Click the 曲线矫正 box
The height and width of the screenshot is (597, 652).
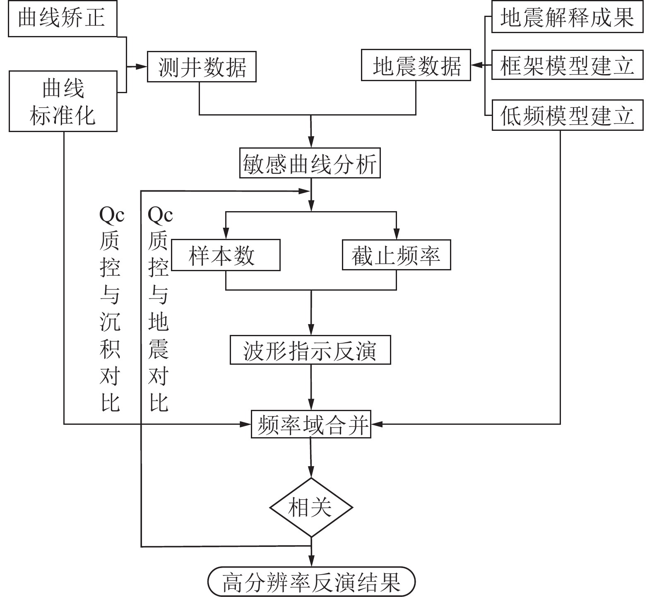coord(62,19)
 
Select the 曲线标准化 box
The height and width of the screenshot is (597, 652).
coord(63,101)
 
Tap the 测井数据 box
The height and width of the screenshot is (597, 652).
coord(202,66)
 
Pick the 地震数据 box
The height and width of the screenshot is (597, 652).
coord(416,65)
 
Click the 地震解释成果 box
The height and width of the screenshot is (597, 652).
coord(567,17)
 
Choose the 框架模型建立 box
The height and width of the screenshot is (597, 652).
coord(567,65)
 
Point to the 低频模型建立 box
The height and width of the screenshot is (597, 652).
coord(567,115)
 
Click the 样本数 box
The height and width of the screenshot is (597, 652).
coord(226,255)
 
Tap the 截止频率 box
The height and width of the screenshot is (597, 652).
coord(396,255)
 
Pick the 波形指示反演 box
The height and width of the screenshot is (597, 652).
coord(310,350)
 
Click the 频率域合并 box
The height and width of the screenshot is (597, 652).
coord(311,424)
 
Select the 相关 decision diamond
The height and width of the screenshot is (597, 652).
coord(311,507)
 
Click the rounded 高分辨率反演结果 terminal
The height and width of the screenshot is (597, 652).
coord(311,582)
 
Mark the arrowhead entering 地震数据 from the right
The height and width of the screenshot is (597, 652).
coord(476,65)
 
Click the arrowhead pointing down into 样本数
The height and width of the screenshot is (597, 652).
coord(226,235)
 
